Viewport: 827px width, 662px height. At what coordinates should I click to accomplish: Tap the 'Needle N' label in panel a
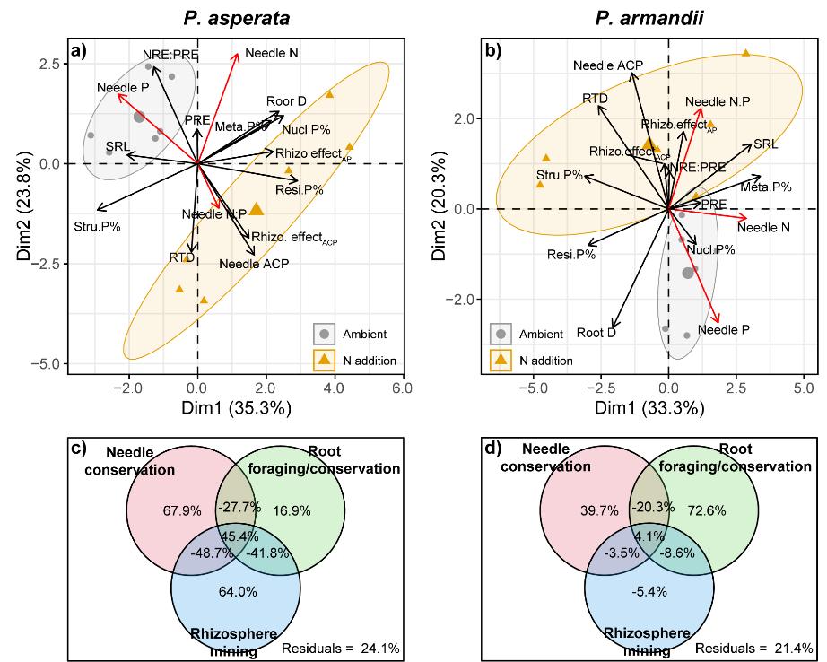pos(271,53)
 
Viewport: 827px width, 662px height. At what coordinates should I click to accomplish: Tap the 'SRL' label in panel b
pos(765,144)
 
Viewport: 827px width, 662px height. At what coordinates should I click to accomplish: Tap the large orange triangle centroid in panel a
pos(257,209)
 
